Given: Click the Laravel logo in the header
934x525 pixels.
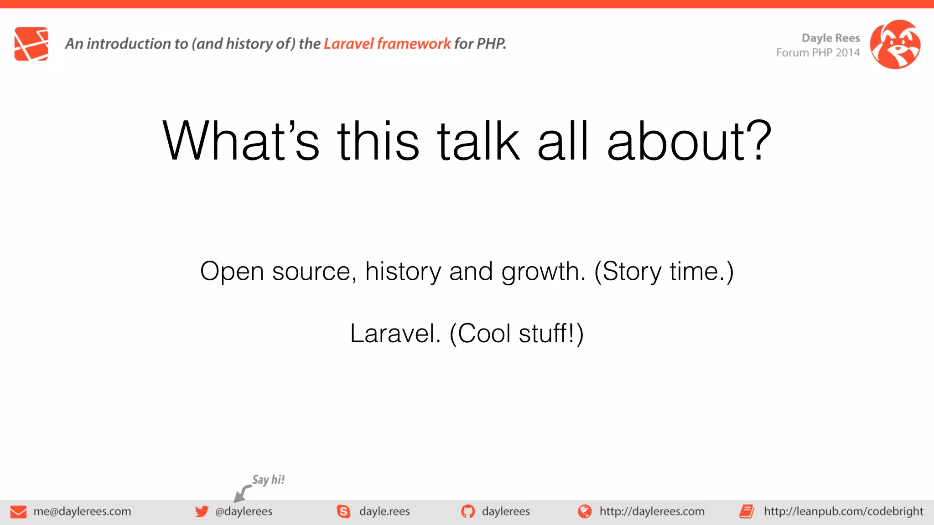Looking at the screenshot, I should (x=31, y=44).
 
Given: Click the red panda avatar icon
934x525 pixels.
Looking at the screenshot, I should (x=895, y=44).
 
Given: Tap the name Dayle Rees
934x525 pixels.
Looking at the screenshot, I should (x=830, y=38).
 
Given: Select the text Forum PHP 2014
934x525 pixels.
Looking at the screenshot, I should (x=818, y=53).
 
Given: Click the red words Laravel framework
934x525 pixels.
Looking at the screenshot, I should (x=387, y=44).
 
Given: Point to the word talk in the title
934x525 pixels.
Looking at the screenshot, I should (x=478, y=141).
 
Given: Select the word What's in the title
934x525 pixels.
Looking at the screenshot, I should (x=240, y=141).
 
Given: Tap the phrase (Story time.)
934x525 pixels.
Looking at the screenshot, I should (x=664, y=272).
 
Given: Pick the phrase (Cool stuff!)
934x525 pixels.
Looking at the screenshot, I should (x=516, y=334).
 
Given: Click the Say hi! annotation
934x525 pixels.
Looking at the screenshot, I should (x=268, y=480).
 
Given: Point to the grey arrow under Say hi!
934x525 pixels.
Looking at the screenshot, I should (x=242, y=494).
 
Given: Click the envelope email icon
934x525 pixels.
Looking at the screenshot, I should (x=18, y=512).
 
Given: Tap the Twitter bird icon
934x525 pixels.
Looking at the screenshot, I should (x=202, y=511).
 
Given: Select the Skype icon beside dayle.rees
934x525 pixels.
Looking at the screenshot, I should (x=343, y=511).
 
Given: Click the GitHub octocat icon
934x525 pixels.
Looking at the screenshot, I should (x=467, y=511).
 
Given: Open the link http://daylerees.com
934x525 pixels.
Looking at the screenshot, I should (x=651, y=511).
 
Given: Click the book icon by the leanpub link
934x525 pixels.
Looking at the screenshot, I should (x=747, y=511).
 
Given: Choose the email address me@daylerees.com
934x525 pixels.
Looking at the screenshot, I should (x=82, y=511).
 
